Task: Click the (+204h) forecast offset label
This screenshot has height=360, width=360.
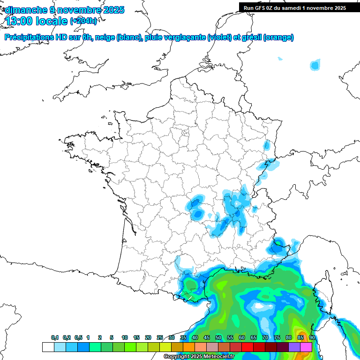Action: click(x=83, y=21)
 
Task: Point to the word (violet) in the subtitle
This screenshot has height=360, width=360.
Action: click(x=219, y=37)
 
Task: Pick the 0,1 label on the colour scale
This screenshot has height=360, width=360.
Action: click(x=55, y=338)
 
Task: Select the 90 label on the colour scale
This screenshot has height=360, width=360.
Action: click(x=312, y=338)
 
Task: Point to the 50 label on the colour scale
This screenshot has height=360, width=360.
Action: click(x=218, y=338)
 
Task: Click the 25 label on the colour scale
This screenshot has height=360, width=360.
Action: click(x=159, y=338)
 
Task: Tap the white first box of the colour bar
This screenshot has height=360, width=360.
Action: click(x=48, y=347)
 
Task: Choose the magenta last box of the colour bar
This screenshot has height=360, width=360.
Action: click(x=306, y=347)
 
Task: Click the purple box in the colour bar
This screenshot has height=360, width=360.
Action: click(x=294, y=347)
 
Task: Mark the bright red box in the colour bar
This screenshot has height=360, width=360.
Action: click(x=247, y=347)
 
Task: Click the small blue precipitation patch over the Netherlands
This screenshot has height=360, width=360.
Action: click(x=315, y=65)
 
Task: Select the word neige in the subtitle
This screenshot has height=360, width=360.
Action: click(x=105, y=37)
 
